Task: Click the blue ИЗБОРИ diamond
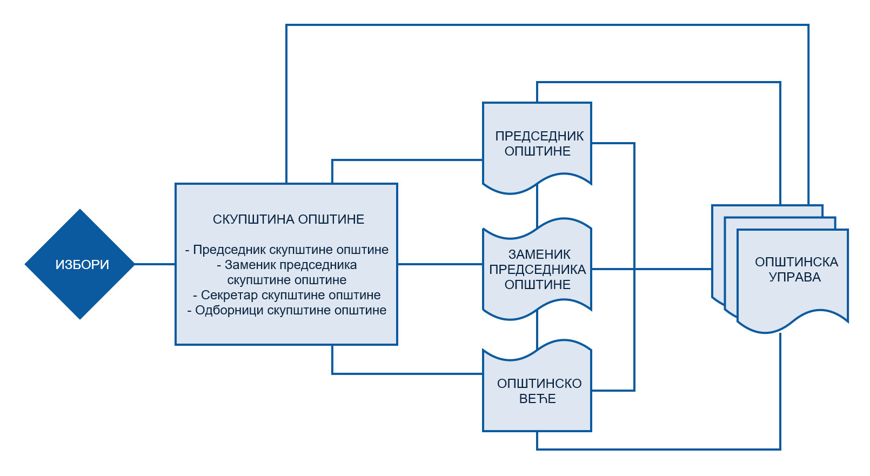tap(80, 264)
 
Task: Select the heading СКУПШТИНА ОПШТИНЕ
tap(288, 219)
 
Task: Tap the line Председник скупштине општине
tap(287, 250)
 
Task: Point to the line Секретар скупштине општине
tap(287, 295)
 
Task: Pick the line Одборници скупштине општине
tap(287, 310)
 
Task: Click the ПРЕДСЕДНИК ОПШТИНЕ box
tap(537, 144)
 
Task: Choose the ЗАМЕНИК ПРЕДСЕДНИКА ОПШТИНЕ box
tap(537, 269)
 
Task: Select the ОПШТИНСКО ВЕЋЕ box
tap(537, 391)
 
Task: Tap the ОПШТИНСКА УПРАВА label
tap(795, 269)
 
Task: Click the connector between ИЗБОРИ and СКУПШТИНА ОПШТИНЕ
tap(155, 264)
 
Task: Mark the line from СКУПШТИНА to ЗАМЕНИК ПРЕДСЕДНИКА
tap(440, 264)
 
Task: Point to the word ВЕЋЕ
tap(537, 399)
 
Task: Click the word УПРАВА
tap(794, 277)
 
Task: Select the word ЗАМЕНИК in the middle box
tap(539, 254)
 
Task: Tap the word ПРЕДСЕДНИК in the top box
tap(539, 136)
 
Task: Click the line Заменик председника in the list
tap(287, 265)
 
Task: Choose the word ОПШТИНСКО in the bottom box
tap(539, 384)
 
